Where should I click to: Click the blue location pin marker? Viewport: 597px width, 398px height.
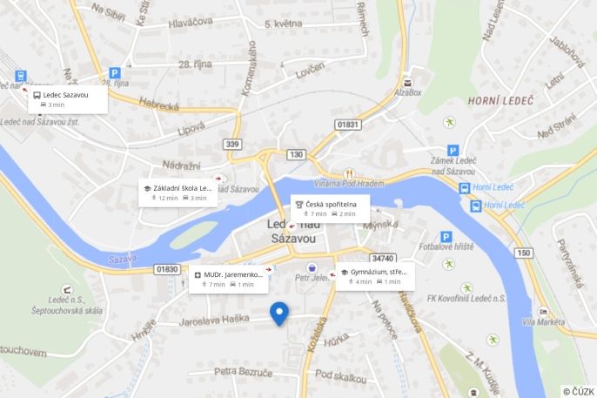tap(279, 313)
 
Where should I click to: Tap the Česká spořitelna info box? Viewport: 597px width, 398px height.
tap(330, 208)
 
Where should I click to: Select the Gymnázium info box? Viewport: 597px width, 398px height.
tap(375, 276)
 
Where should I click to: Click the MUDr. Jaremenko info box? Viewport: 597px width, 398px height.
tap(229, 279)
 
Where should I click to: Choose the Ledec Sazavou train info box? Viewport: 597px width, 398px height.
tap(68, 98)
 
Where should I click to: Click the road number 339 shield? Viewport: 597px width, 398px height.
tap(231, 144)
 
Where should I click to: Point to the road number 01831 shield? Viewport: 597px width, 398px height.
tap(348, 125)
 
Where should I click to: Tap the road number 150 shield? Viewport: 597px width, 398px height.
tap(522, 253)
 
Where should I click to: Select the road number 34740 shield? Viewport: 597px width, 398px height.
tap(383, 258)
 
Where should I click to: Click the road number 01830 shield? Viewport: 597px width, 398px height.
tap(167, 269)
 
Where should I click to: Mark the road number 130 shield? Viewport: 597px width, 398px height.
tap(297, 154)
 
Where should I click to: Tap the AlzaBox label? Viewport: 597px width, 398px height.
tap(407, 91)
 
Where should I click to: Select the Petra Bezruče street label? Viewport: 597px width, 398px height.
tap(244, 372)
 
